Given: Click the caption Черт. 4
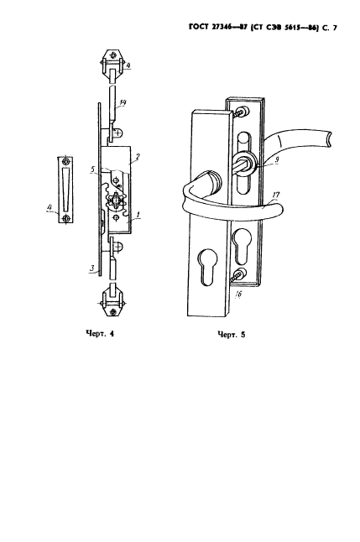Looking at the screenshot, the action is pos(100,334).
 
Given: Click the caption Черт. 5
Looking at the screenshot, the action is pos(231,334).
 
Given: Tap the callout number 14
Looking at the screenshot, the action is pos(123,102).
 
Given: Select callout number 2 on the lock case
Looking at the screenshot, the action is pos(138,157).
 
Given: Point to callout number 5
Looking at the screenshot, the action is pos(92,169).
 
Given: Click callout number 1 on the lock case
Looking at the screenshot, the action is pos(138,215).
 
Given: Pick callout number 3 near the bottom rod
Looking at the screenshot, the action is pos(91,268).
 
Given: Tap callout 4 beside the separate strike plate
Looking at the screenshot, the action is pos(50,207).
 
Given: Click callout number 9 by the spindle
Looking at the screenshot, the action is pos(277,160).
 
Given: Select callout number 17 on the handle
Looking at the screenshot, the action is pos(276,195).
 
